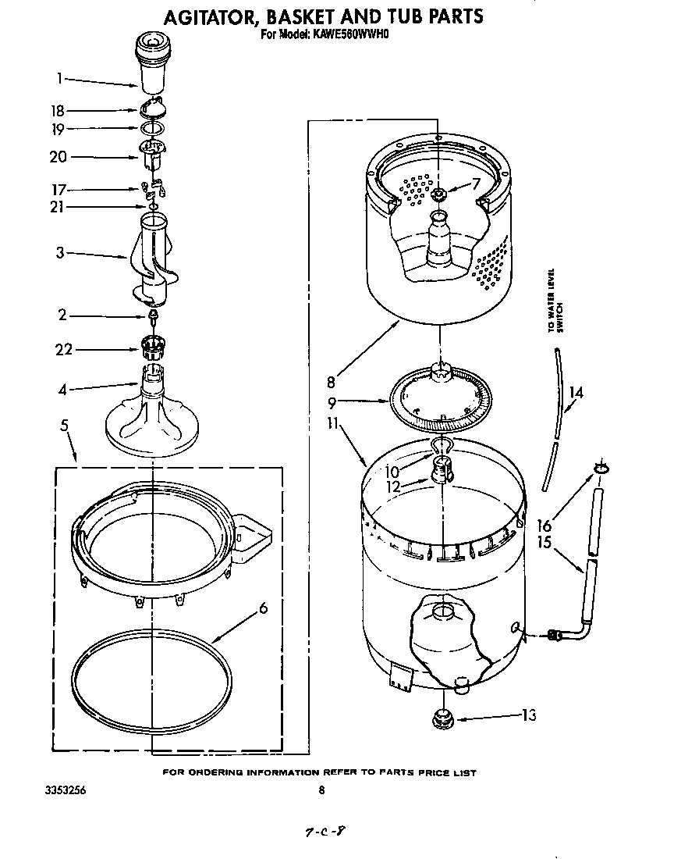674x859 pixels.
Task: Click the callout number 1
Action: click(59, 78)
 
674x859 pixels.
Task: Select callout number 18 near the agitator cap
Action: click(58, 111)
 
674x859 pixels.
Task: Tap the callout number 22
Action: click(63, 349)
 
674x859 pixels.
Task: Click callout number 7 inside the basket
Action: click(477, 184)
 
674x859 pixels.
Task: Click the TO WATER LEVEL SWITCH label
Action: click(554, 300)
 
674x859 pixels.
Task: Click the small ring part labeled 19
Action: click(153, 127)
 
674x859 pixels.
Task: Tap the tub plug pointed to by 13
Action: click(443, 716)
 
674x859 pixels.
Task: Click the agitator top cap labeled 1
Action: click(153, 59)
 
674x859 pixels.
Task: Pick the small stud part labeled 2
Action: click(154, 315)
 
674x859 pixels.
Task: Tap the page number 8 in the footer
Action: click(321, 790)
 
